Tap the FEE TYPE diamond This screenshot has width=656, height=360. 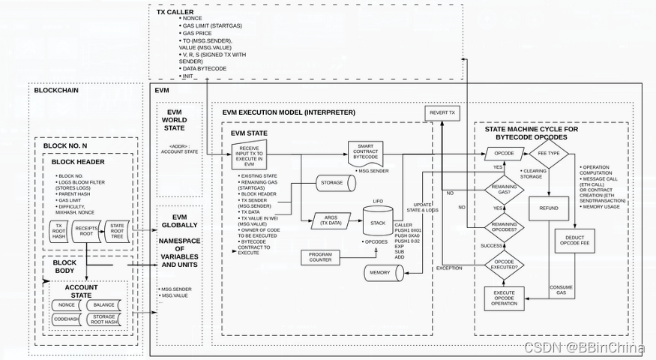point(550,153)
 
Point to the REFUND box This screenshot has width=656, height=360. point(550,208)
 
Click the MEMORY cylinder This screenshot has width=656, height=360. point(380,272)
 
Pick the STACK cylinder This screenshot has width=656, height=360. point(378,221)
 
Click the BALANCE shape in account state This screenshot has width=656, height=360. point(104,305)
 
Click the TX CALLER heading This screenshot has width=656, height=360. point(175,12)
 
